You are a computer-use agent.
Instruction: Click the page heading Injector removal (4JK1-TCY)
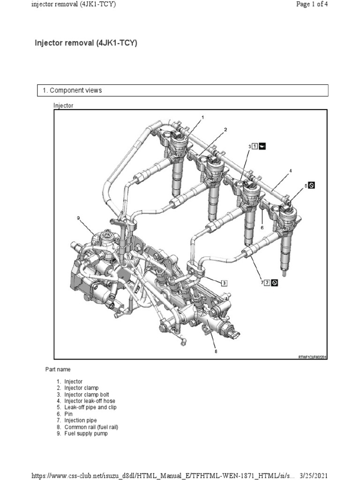(86, 44)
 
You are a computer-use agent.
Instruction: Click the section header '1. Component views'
(75, 90)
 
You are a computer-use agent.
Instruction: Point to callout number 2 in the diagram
(225, 129)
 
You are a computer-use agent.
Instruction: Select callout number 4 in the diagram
(290, 171)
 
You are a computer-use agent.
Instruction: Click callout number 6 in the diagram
(262, 227)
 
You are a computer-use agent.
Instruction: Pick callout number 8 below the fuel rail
(216, 351)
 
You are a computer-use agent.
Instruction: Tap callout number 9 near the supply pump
(78, 217)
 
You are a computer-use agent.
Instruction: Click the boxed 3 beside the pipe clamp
(224, 283)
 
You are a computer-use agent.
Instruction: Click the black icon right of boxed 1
(262, 147)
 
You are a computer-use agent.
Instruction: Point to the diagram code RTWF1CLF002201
(312, 357)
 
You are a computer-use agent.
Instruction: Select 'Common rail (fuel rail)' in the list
(91, 427)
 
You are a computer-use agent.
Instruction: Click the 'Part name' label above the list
(58, 370)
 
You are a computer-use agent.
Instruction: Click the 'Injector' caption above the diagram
(63, 105)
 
